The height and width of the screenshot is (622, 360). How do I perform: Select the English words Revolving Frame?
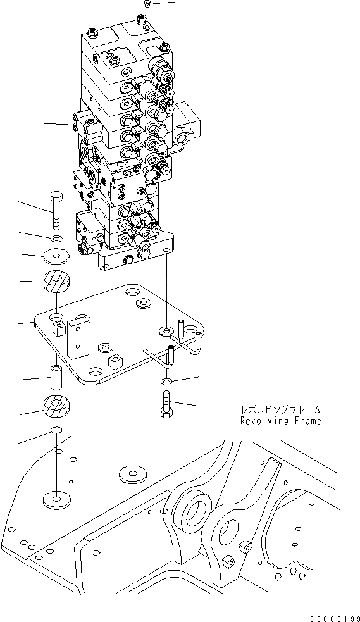(x=280, y=421)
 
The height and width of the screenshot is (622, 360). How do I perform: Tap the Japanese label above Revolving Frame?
(x=280, y=409)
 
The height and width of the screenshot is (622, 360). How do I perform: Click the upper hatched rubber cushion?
(x=56, y=282)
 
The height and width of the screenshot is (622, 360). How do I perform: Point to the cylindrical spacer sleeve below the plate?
(x=56, y=377)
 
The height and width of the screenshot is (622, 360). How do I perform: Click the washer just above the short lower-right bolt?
(x=166, y=382)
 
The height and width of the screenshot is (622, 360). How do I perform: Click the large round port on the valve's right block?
(x=183, y=135)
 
